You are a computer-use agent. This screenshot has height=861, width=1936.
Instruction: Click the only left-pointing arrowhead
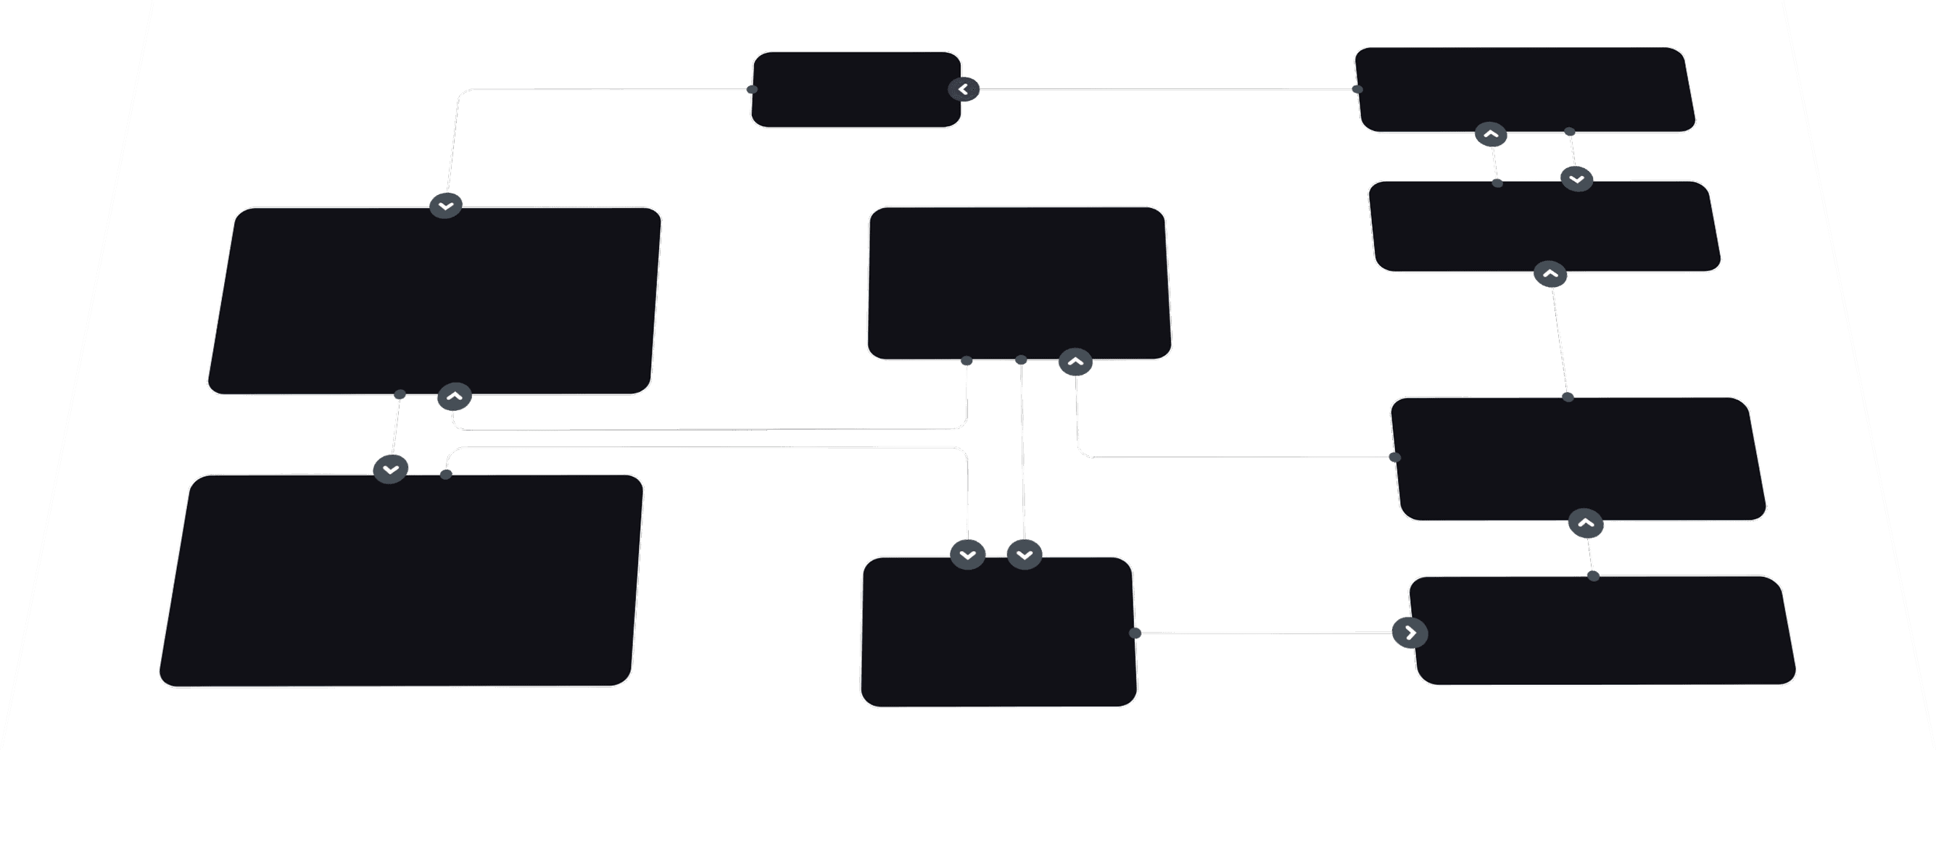pyautogui.click(x=964, y=89)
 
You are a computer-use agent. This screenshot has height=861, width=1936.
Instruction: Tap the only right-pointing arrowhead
pyautogui.click(x=1410, y=633)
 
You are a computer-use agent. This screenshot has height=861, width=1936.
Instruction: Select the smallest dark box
pyautogui.click(x=856, y=89)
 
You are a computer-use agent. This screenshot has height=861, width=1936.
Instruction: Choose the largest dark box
pyautogui.click(x=400, y=579)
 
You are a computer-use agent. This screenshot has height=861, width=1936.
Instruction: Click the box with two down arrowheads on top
pyautogui.click(x=998, y=632)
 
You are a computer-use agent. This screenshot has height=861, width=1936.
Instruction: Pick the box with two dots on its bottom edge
pyautogui.click(x=1018, y=283)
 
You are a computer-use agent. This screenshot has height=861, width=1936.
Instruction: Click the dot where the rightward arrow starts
pyautogui.click(x=1135, y=633)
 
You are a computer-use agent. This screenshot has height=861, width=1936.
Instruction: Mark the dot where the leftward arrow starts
pyautogui.click(x=1357, y=89)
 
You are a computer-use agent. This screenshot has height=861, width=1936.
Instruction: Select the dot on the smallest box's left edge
pyautogui.click(x=753, y=89)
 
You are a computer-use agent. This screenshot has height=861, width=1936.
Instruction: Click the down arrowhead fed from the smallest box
pyautogui.click(x=446, y=205)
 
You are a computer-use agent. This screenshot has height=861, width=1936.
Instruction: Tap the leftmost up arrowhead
pyautogui.click(x=455, y=396)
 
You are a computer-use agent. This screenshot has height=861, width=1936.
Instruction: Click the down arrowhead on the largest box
pyautogui.click(x=390, y=470)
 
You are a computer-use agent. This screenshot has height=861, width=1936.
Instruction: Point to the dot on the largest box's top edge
pyautogui.click(x=446, y=474)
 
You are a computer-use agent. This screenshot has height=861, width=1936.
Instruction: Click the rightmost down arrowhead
pyautogui.click(x=1577, y=179)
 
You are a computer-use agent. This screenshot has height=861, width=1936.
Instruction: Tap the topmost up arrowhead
pyautogui.click(x=1491, y=135)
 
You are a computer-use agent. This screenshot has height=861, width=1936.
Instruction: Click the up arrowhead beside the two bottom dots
pyautogui.click(x=1075, y=362)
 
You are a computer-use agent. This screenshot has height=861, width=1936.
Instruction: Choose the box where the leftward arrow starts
pyautogui.click(x=1524, y=89)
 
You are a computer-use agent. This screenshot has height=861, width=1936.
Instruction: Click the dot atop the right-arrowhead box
pyautogui.click(x=1593, y=576)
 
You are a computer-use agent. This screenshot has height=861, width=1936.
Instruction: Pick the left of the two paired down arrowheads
pyautogui.click(x=968, y=555)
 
